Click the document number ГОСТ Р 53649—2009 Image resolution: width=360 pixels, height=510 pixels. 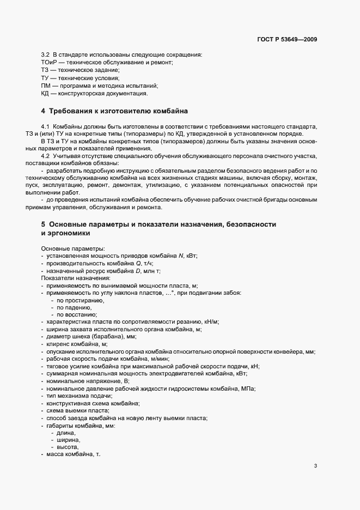(286, 40)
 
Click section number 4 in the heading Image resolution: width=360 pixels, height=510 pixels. (43, 111)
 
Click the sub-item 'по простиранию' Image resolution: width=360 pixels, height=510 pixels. (80, 300)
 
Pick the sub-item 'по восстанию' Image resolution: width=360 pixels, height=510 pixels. (77, 315)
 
